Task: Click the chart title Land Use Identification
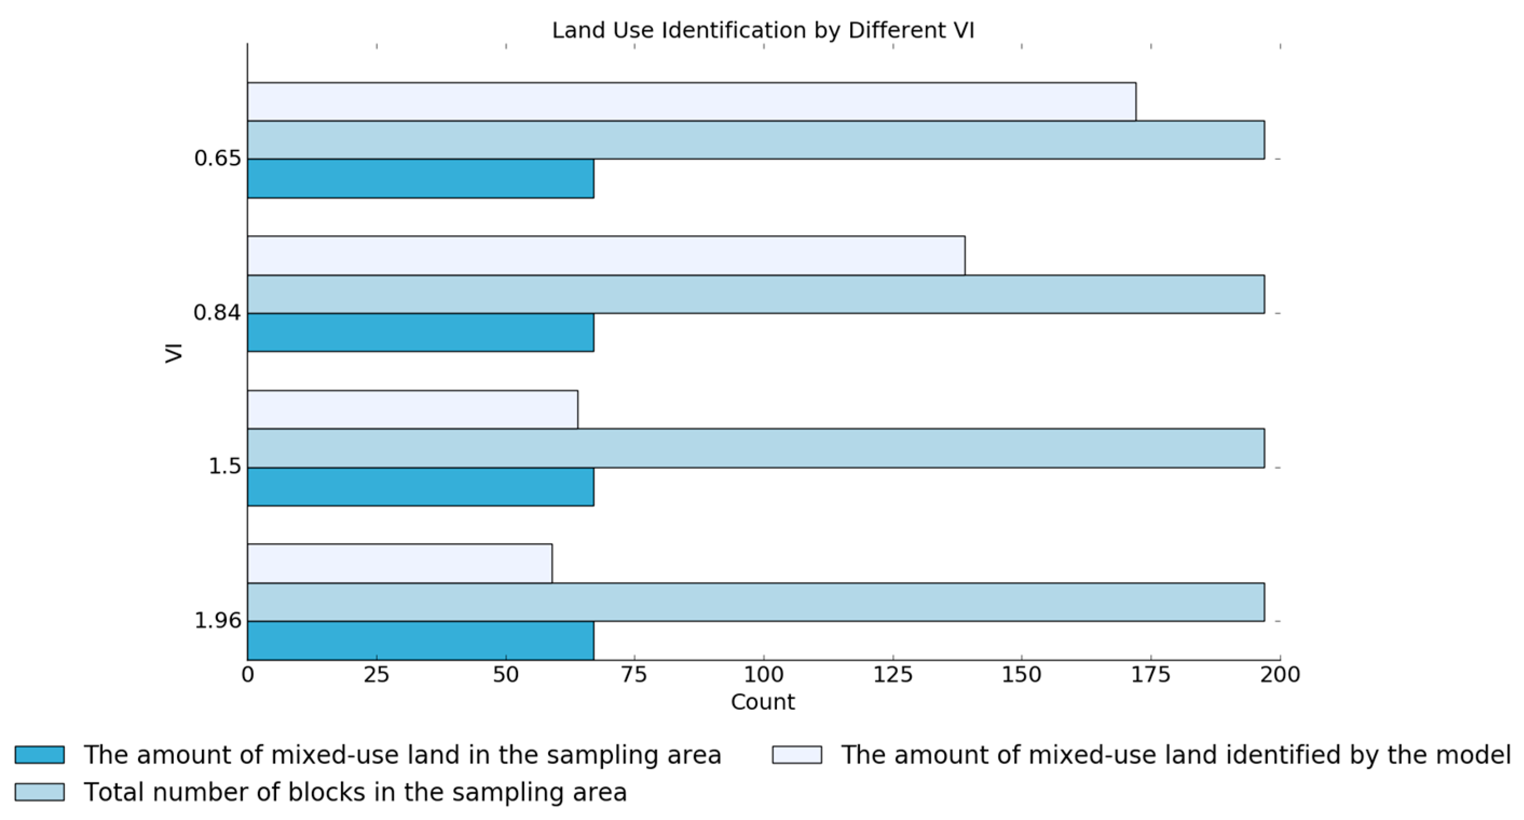point(763,30)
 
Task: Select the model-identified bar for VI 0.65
point(691,102)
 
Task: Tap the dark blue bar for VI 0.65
point(420,178)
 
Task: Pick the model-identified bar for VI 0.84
point(606,256)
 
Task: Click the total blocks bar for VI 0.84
point(755,294)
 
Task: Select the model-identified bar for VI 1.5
point(412,409)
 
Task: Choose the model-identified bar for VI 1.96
point(399,563)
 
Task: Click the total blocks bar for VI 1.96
point(755,602)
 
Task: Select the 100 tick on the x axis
point(763,674)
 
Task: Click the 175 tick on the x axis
point(1151,674)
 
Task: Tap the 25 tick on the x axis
point(376,674)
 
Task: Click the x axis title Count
point(763,702)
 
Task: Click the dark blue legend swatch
point(39,755)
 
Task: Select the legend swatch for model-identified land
point(797,755)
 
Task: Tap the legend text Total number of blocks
point(355,792)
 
